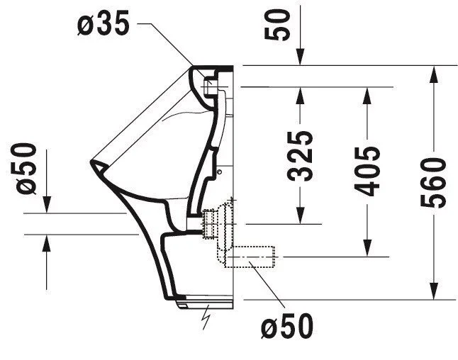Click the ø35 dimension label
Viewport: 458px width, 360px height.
pos(103,23)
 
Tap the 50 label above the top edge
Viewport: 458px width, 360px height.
pos(277,25)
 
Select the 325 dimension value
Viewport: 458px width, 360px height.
pos(300,156)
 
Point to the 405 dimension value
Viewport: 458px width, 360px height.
pos(367,171)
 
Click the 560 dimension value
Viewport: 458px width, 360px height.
pos(433,183)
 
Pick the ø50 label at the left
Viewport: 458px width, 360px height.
pos(26,169)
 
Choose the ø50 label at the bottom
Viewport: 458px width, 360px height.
pos(287,326)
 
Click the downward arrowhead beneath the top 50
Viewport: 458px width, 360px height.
pos(301,57)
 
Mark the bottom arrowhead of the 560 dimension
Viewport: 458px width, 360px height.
pos(434,291)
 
